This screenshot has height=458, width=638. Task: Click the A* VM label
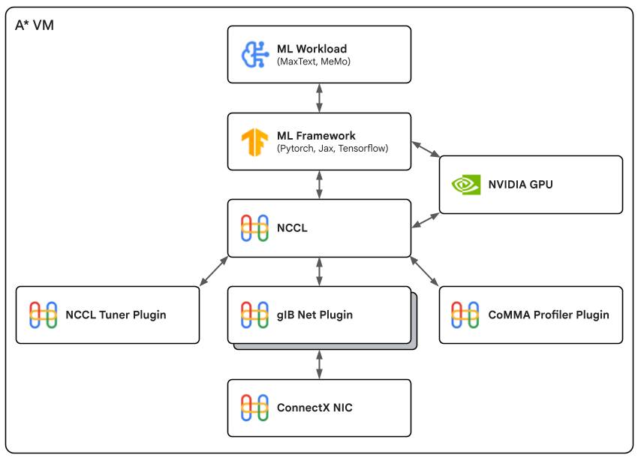pyautogui.click(x=35, y=25)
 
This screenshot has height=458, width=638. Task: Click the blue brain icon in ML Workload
pyautogui.click(x=254, y=54)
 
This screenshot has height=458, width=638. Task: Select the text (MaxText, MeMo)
pyautogui.click(x=314, y=61)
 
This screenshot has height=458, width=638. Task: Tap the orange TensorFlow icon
pyautogui.click(x=254, y=141)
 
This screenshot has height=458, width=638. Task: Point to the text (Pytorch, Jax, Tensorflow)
pyautogui.click(x=333, y=148)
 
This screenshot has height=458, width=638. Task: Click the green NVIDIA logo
pyautogui.click(x=465, y=184)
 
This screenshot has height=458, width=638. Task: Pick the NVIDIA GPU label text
pyautogui.click(x=520, y=184)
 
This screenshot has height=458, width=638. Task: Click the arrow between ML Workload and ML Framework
pyautogui.click(x=320, y=98)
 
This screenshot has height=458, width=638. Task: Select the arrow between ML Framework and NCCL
pyautogui.click(x=320, y=184)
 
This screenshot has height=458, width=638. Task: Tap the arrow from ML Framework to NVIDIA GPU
pyautogui.click(x=425, y=148)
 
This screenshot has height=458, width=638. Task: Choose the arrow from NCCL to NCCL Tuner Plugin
pyautogui.click(x=214, y=271)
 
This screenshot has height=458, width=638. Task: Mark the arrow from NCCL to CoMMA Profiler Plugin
pyautogui.click(x=425, y=271)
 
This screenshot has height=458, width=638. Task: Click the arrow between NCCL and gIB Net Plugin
pyautogui.click(x=320, y=271)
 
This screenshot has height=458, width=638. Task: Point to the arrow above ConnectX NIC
pyautogui.click(x=320, y=364)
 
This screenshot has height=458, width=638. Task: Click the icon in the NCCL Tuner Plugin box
pyautogui.click(x=43, y=315)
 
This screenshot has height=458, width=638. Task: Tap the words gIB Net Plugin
pyautogui.click(x=315, y=315)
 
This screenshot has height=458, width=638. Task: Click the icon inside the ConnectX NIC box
pyautogui.click(x=254, y=408)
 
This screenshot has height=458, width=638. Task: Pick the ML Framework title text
pyautogui.click(x=316, y=136)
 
